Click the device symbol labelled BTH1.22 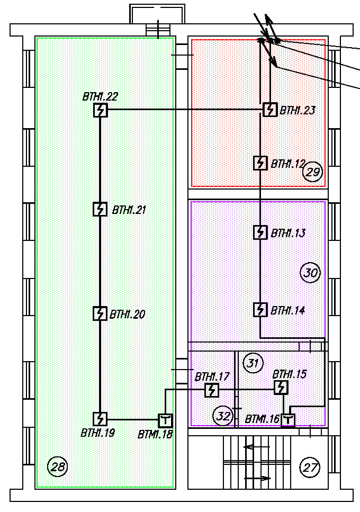click(100, 110)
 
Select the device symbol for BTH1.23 click(270, 110)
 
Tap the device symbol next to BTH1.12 click(260, 163)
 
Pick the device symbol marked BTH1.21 click(100, 209)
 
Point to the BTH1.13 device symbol click(260, 232)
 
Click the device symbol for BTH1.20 click(100, 313)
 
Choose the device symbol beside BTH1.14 click(260, 310)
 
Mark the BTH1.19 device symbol click(100, 419)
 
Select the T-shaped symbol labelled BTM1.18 click(166, 420)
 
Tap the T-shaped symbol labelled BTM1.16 click(288, 420)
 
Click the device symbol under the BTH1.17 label click(212, 390)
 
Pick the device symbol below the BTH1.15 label click(281, 388)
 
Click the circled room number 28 click(58, 467)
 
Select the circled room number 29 click(313, 172)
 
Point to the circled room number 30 click(310, 273)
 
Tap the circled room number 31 click(253, 363)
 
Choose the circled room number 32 click(223, 416)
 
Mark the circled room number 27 click(310, 468)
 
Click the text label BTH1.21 click(129, 210)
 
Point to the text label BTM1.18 click(155, 434)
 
